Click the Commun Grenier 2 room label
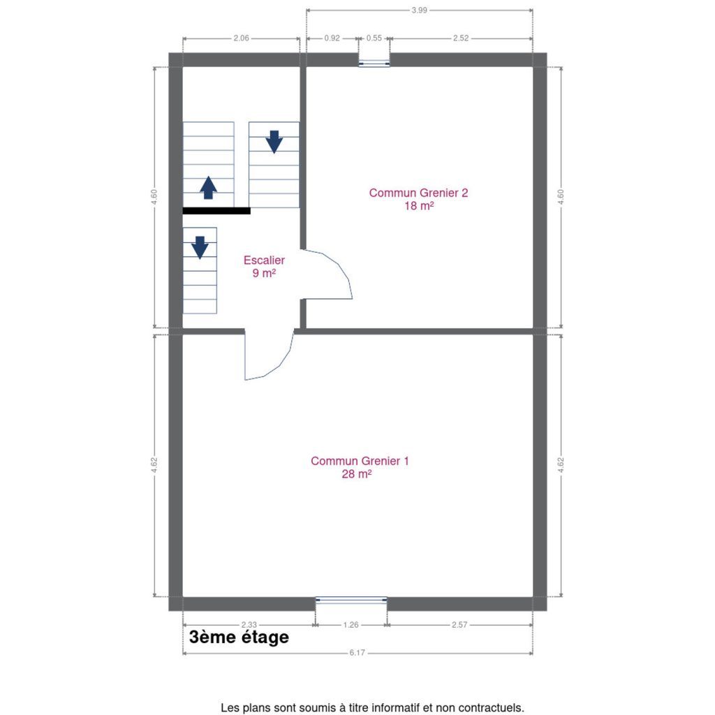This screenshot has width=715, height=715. (418, 199)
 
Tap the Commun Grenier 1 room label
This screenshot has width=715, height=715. (360, 467)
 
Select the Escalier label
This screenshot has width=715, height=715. (264, 266)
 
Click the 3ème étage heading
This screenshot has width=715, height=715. (239, 637)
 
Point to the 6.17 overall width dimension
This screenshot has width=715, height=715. (357, 653)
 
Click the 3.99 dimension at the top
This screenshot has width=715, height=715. (419, 10)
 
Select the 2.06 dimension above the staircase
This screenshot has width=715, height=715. (241, 38)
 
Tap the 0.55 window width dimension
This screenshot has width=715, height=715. (374, 38)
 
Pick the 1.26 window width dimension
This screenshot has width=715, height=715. (351, 625)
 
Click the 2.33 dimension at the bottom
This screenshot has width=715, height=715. (249, 625)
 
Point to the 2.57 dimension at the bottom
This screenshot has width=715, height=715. (459, 625)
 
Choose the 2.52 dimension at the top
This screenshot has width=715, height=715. (461, 38)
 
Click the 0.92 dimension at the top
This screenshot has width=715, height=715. (332, 38)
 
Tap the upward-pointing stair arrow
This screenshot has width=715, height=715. (208, 187)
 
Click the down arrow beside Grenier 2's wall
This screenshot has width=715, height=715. (274, 142)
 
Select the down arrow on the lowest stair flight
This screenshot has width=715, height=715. (200, 248)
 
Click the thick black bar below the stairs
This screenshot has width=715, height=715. (216, 211)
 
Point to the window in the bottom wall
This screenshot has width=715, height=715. (351, 600)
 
